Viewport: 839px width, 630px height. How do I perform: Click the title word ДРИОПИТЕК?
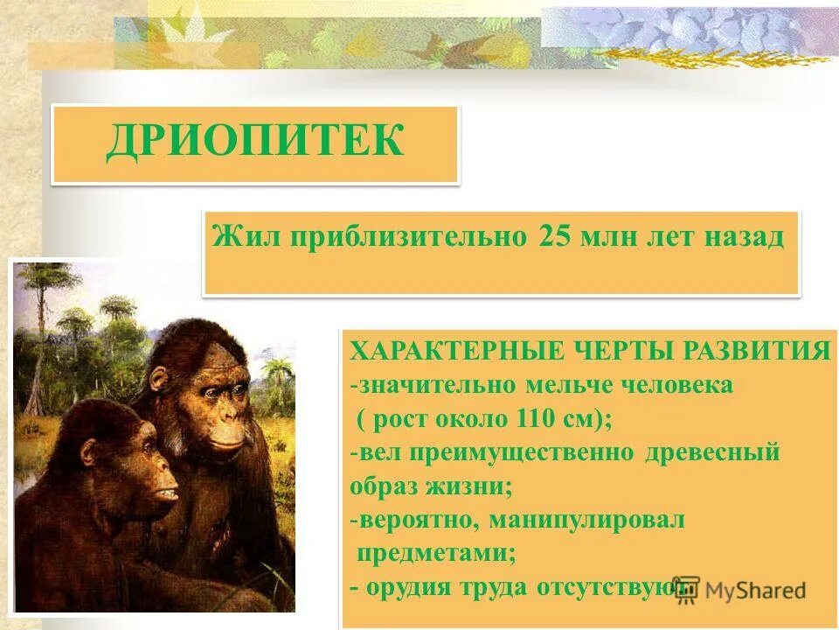[x=255, y=142]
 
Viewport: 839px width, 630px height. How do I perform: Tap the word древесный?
[x=713, y=452]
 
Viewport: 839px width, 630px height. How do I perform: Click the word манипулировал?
[x=587, y=520]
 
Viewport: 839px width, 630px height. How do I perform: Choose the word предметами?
[x=436, y=553]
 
